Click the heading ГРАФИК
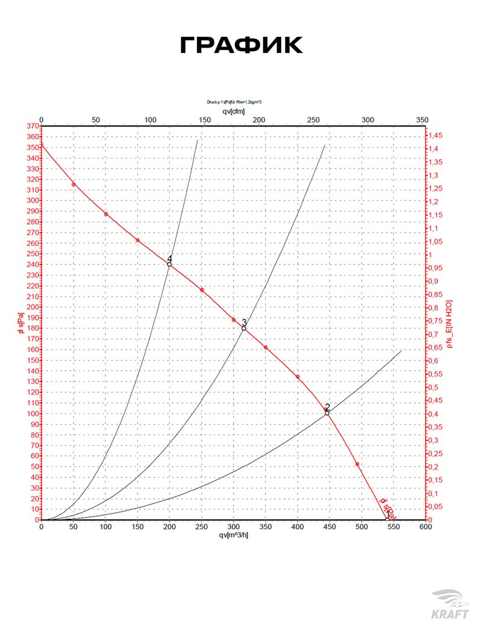pyautogui.click(x=241, y=46)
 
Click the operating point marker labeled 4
pyautogui.click(x=169, y=265)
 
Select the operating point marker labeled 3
pyautogui.click(x=244, y=328)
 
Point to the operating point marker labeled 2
pyautogui.click(x=327, y=413)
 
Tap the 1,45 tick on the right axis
pyautogui.click(x=439, y=136)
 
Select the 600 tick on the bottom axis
pyautogui.click(x=425, y=527)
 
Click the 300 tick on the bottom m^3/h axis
pyautogui.click(x=233, y=527)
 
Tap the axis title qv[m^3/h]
pyautogui.click(x=234, y=535)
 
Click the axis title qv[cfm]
pyautogui.click(x=234, y=111)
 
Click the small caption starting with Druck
pyautogui.click(x=234, y=102)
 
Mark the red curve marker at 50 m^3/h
pyautogui.click(x=74, y=184)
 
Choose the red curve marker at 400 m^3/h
pyautogui.click(x=298, y=377)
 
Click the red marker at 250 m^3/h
pyautogui.click(x=202, y=290)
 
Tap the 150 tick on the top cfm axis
pyautogui.click(x=204, y=120)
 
